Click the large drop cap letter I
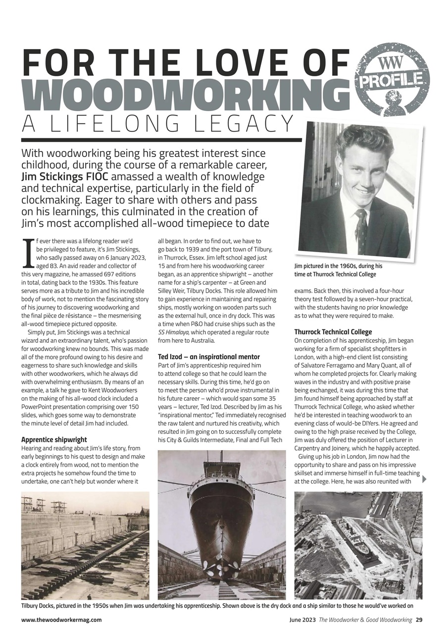29,253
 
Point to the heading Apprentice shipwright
54,439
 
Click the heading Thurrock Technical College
333,332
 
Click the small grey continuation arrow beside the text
424,479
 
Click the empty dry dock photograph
85,545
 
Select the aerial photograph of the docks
358,545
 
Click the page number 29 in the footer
419,620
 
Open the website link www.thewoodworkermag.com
61,620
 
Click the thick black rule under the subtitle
161,140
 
